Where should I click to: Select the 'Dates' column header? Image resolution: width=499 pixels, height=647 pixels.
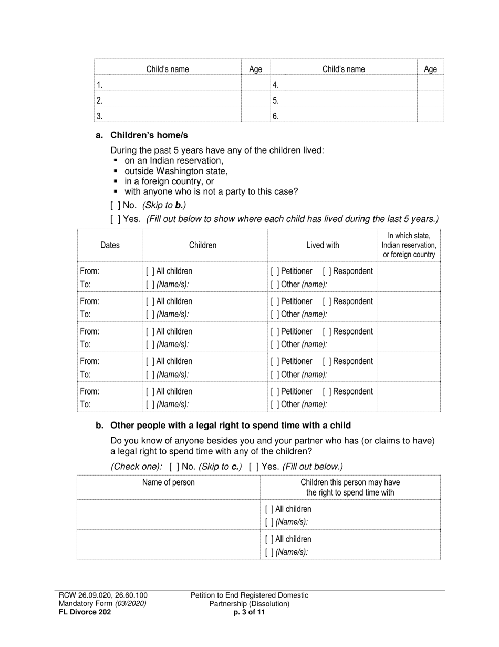[x=110, y=245]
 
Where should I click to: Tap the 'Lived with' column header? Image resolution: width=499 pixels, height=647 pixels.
[x=323, y=245]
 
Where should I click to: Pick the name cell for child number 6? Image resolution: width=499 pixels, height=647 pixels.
[x=344, y=116]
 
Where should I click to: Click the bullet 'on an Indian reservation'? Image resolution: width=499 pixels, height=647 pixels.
[x=173, y=160]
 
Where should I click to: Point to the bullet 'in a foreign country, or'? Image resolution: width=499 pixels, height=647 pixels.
[x=169, y=181]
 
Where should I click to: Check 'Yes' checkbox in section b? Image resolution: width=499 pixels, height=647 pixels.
[x=254, y=467]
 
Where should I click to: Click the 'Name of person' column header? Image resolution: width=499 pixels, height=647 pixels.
[x=168, y=482]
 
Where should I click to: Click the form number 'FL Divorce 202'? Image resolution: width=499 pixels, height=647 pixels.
[x=85, y=612]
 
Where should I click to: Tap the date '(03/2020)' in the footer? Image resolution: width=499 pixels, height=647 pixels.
[x=131, y=603]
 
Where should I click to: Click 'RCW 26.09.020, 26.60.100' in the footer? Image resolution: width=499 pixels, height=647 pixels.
[x=103, y=595]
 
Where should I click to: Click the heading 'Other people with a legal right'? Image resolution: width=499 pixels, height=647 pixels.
[x=230, y=425]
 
